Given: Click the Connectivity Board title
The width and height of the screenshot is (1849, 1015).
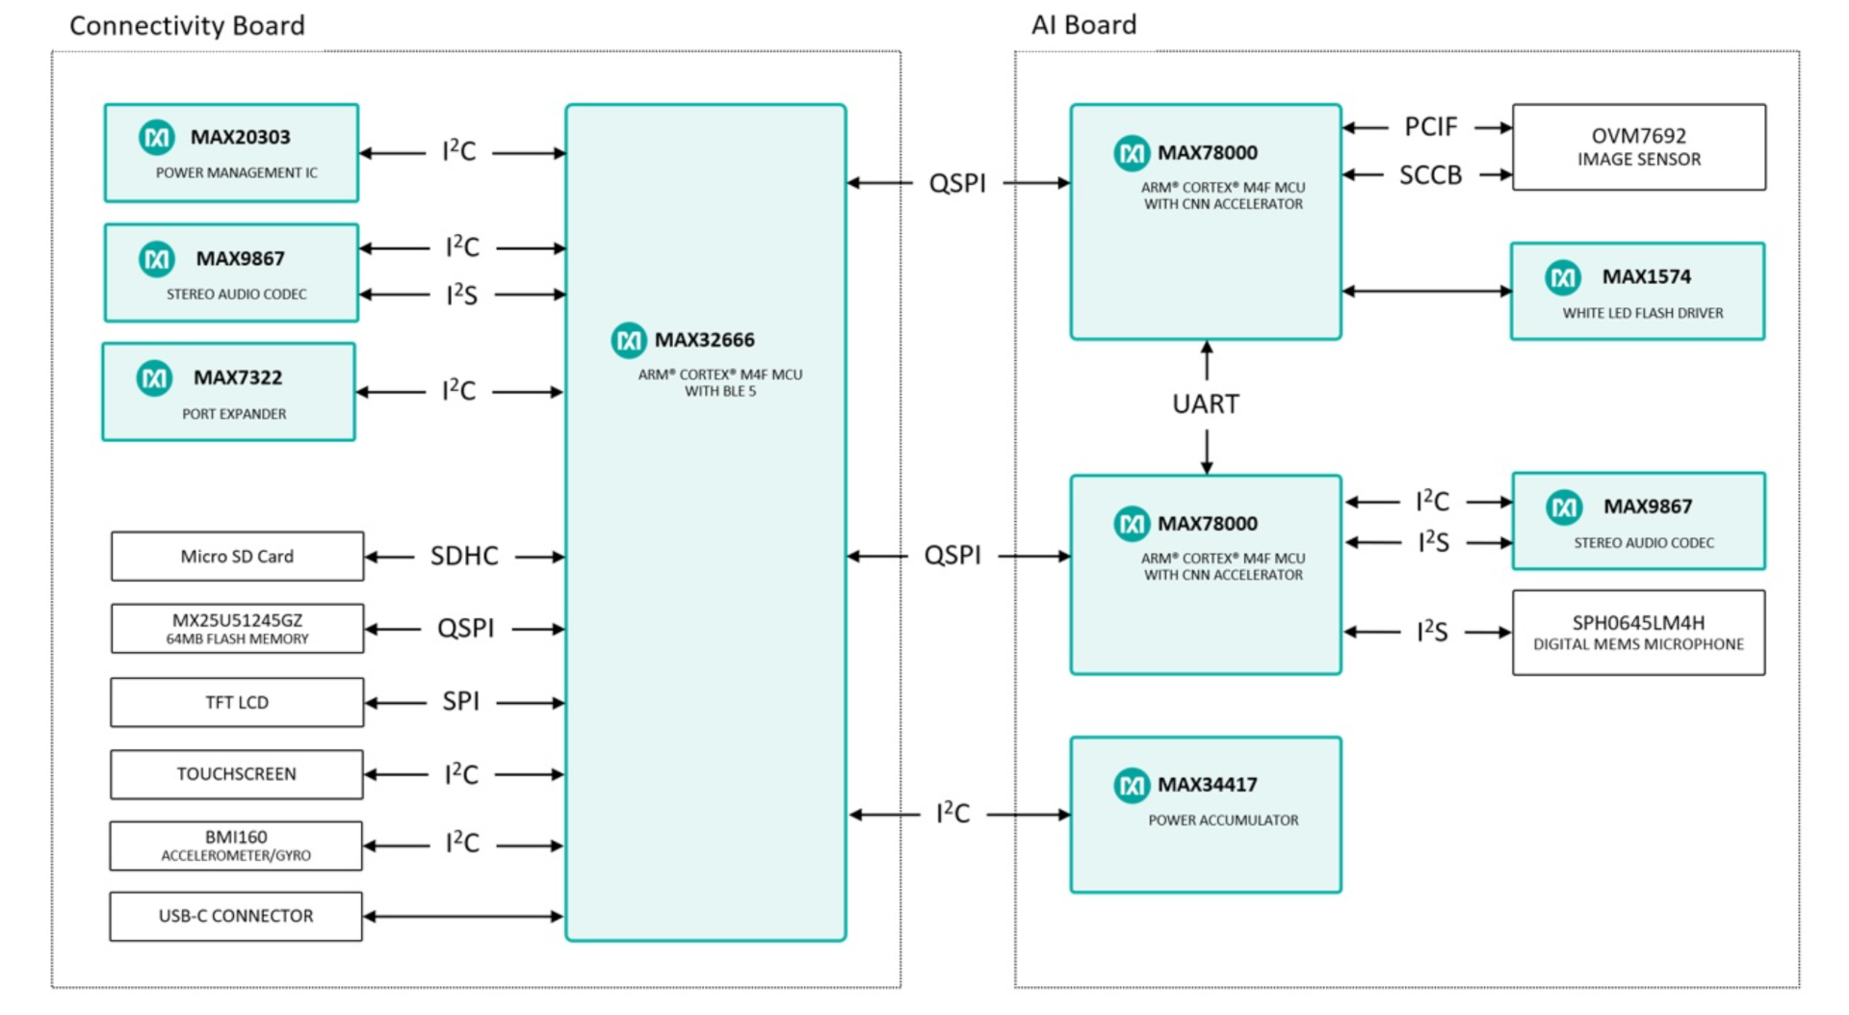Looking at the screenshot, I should (x=187, y=26).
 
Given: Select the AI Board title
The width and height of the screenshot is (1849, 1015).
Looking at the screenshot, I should (x=1083, y=25).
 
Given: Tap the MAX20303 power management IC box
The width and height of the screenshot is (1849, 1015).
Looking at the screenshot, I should (x=231, y=153).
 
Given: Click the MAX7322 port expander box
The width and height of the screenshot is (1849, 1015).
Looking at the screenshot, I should (x=229, y=392).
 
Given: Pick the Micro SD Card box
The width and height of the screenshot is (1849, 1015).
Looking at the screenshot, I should (x=237, y=557).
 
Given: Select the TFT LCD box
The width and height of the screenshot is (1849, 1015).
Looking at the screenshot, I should (x=237, y=702).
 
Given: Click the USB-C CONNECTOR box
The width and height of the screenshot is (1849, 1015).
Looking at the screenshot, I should (x=236, y=916).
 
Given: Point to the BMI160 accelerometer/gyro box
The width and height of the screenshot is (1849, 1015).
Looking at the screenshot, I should (x=236, y=846).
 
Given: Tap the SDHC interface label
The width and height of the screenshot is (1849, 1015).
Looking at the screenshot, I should (x=463, y=557).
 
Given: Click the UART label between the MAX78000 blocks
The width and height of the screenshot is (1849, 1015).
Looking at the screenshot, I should (x=1206, y=403).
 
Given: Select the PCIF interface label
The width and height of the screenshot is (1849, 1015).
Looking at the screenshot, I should (x=1430, y=127).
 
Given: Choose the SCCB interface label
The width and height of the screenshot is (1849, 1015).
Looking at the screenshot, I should (x=1430, y=175).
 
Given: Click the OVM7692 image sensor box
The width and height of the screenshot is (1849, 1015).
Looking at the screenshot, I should (x=1638, y=147).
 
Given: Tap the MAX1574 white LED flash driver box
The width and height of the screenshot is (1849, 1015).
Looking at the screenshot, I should (x=1637, y=291).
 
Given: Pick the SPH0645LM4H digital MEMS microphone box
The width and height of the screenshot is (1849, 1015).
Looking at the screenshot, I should (x=1638, y=633).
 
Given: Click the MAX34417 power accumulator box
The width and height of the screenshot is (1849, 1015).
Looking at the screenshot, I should (x=1206, y=815).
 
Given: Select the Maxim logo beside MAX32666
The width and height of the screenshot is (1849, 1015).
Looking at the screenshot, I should (x=629, y=340).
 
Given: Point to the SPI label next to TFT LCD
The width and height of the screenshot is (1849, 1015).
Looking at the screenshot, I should (x=460, y=702).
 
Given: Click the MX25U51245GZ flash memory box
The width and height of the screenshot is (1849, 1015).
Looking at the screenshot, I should (x=237, y=629).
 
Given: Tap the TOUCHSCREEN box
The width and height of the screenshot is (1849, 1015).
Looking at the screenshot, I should (x=236, y=774).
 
